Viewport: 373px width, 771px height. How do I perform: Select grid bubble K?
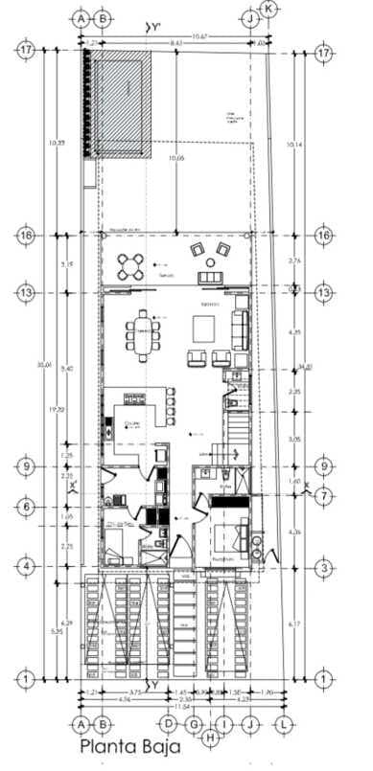[269, 9]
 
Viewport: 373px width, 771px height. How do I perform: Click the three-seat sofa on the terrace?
[211, 278]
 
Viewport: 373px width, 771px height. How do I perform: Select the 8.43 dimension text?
[176, 43]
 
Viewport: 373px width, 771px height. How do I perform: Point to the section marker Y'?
[152, 30]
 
